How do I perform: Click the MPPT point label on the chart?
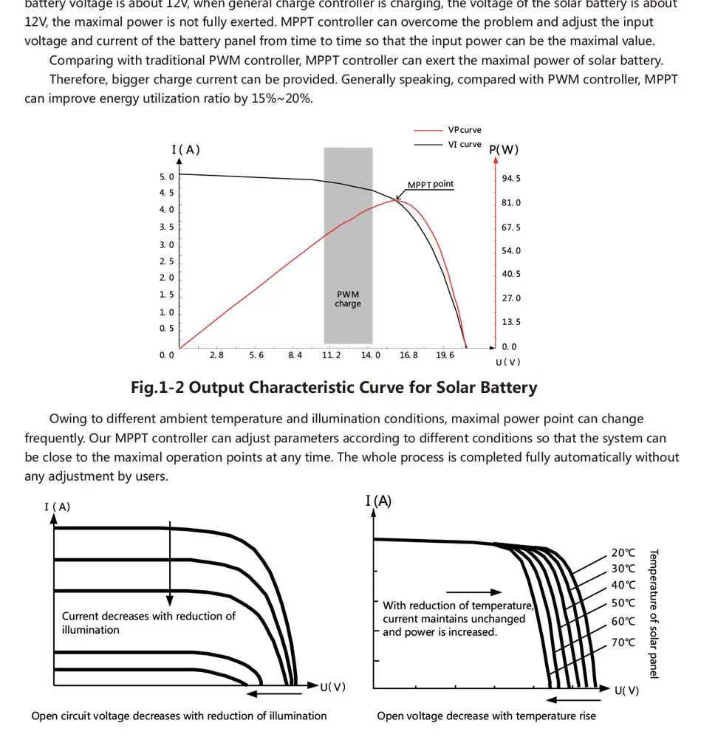pyautogui.click(x=431, y=185)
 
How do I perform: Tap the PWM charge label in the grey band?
pyautogui.click(x=347, y=299)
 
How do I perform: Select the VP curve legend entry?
pyautogui.click(x=464, y=130)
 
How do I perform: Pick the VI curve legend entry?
pyautogui.click(x=465, y=144)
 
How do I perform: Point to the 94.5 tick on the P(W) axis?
pyautogui.click(x=511, y=179)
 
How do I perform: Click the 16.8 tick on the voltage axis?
pyautogui.click(x=408, y=356)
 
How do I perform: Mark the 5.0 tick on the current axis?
pyautogui.click(x=167, y=177)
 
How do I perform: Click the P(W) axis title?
pyautogui.click(x=505, y=150)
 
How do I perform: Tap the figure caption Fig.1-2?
pyautogui.click(x=334, y=388)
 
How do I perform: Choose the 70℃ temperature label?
pyautogui.click(x=623, y=642)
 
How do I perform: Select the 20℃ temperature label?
pyautogui.click(x=623, y=552)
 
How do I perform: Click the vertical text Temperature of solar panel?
pyautogui.click(x=653, y=613)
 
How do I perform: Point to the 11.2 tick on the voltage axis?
pyautogui.click(x=332, y=356)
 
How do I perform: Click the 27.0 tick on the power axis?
pyautogui.click(x=511, y=298)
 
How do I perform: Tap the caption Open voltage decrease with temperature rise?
pyautogui.click(x=486, y=716)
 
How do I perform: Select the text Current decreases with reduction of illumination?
pyautogui.click(x=148, y=623)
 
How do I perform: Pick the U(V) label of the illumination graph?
pyautogui.click(x=332, y=688)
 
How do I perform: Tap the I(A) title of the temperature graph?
pyautogui.click(x=378, y=501)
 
